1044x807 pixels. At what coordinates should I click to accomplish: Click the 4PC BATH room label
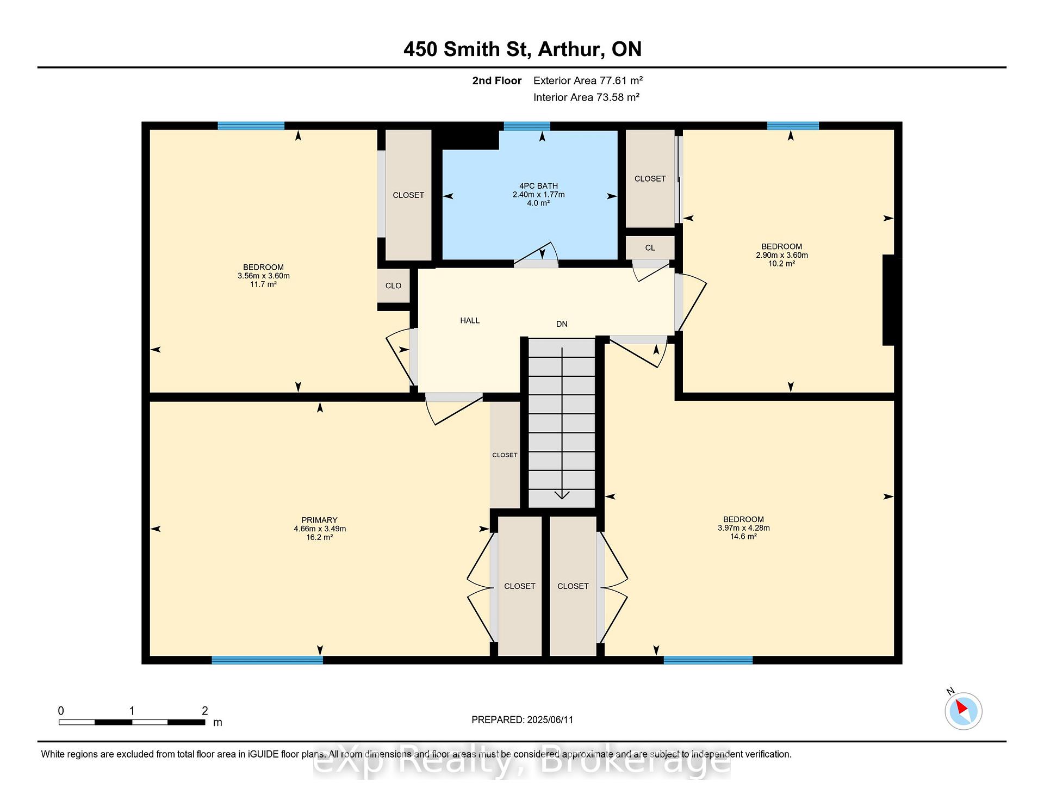(538, 186)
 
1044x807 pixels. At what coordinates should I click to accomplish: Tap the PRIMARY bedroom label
(320, 520)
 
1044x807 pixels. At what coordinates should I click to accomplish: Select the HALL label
(470, 320)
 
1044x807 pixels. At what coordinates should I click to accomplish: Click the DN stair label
(562, 324)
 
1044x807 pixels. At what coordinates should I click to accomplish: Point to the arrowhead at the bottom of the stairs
(562, 495)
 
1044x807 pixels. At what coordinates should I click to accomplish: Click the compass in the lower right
(964, 711)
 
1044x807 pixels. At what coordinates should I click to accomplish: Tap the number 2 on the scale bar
(205, 711)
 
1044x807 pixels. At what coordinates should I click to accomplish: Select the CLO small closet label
(393, 285)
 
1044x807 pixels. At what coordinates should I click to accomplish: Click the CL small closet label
(650, 247)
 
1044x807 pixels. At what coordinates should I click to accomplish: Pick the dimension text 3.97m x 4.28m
(744, 528)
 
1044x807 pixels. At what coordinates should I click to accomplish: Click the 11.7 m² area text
(264, 284)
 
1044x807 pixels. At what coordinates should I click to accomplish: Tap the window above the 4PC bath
(527, 126)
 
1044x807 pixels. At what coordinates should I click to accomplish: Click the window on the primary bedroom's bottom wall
(267, 660)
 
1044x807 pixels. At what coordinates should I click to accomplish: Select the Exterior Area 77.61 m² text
(588, 80)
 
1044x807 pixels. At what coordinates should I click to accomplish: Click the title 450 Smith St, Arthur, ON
(523, 49)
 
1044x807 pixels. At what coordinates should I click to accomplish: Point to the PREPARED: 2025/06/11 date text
(523, 720)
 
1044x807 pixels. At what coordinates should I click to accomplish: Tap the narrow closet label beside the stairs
(505, 455)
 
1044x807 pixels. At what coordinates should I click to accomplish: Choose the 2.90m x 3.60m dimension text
(782, 255)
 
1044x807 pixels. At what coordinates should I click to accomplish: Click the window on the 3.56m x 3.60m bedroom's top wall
(251, 126)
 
